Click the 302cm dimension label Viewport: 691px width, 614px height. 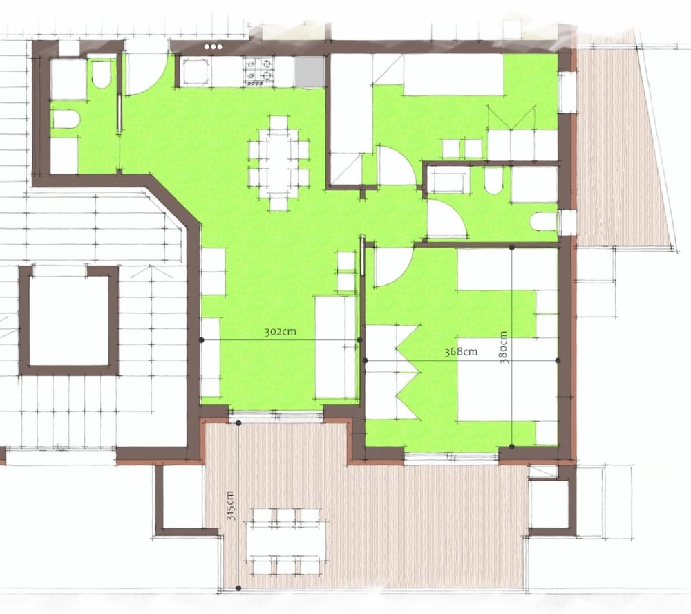pyautogui.click(x=281, y=332)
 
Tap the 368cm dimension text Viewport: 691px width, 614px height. pyautogui.click(x=461, y=351)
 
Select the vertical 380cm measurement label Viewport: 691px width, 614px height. pyautogui.click(x=504, y=347)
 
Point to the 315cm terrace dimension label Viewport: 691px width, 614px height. pyautogui.click(x=231, y=505)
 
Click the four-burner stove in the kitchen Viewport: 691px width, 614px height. pyautogui.click(x=258, y=72)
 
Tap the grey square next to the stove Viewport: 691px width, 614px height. pyautogui.click(x=310, y=71)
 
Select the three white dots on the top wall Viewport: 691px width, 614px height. pyautogui.click(x=214, y=47)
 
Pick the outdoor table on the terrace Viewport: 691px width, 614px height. pyautogui.click(x=286, y=541)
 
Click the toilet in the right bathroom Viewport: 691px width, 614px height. pyautogui.click(x=493, y=182)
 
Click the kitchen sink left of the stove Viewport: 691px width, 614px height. pyautogui.click(x=196, y=71)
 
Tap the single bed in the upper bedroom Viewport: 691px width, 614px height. pyautogui.click(x=453, y=74)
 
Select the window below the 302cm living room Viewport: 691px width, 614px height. pyautogui.click(x=276, y=413)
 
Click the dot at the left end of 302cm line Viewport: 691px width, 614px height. pyautogui.click(x=201, y=340)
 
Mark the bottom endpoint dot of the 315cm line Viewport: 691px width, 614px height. pyautogui.click(x=238, y=588)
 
